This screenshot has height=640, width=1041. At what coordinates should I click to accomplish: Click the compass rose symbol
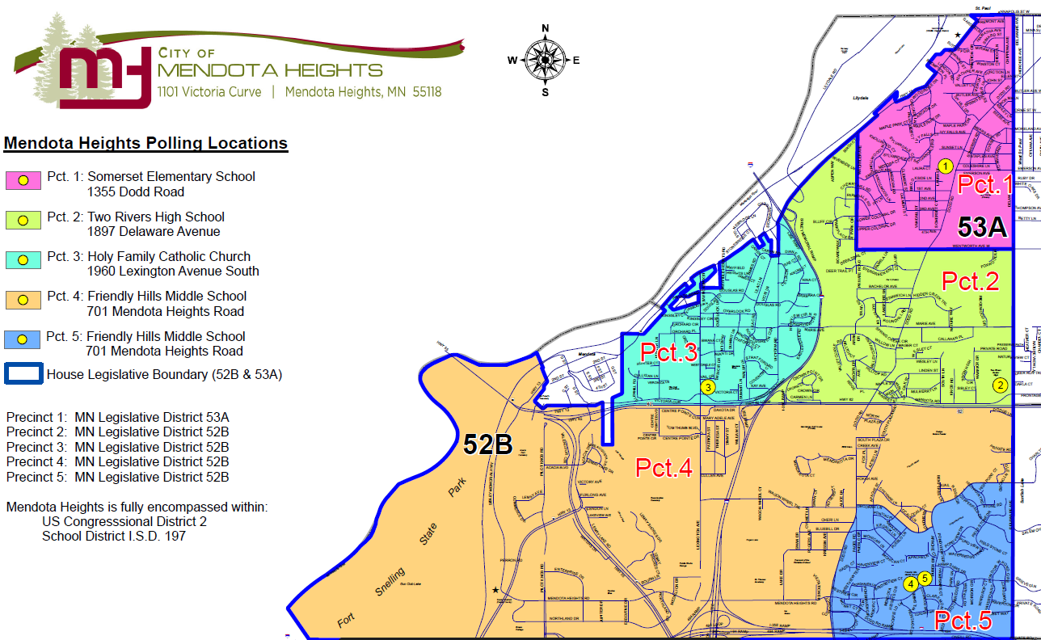pos(546,60)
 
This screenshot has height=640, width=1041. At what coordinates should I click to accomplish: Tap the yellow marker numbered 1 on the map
pos(945,166)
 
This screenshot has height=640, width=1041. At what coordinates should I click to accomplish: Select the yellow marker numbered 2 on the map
pos(1001,385)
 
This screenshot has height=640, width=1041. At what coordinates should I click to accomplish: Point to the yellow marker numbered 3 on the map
pos(708,388)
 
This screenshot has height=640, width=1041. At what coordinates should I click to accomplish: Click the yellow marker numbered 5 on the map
pos(925,578)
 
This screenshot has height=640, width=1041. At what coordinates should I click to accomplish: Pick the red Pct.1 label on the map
pos(984,185)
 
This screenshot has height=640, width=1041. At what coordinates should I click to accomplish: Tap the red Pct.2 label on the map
pos(970,281)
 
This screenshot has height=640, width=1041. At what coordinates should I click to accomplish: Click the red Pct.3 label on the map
pos(668,353)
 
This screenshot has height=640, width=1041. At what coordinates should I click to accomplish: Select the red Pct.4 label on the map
pos(664,468)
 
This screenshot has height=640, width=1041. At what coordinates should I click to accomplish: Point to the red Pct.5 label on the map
pos(963,621)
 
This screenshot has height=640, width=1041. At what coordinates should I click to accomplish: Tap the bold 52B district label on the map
pos(487,444)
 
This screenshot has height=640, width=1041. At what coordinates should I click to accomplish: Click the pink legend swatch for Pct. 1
pos(23,180)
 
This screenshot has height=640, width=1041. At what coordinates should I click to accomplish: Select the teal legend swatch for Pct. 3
pos(23,260)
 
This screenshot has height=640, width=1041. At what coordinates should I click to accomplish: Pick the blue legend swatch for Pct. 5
pos(23,339)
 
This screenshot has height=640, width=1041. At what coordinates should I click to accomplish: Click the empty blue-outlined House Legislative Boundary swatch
pos(23,374)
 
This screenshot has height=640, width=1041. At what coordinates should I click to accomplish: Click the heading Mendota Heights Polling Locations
pos(145,144)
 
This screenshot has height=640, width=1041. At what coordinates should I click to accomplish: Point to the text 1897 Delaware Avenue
pos(153,232)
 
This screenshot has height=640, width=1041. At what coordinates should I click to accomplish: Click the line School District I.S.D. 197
pos(114,536)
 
